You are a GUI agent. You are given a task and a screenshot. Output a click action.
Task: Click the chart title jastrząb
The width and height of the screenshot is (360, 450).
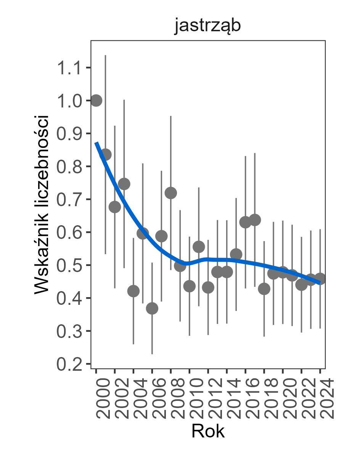pos(207,27)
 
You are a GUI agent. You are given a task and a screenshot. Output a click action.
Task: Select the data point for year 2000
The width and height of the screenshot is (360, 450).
pos(96,101)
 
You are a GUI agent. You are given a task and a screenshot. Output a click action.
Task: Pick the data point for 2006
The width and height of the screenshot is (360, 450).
pos(152,309)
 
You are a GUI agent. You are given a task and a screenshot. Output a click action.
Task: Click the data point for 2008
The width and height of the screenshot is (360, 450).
pos(171,193)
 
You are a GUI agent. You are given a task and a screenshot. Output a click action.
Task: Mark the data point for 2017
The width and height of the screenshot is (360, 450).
pos(255,220)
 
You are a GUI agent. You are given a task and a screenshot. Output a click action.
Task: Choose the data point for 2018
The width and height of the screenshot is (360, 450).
pos(264,289)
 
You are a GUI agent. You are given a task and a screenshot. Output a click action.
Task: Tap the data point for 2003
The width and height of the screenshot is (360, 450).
pos(124,184)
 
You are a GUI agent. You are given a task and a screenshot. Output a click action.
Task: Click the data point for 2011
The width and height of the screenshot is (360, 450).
pos(199,247)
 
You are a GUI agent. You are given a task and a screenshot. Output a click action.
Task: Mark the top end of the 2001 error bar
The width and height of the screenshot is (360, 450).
pos(106,56)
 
